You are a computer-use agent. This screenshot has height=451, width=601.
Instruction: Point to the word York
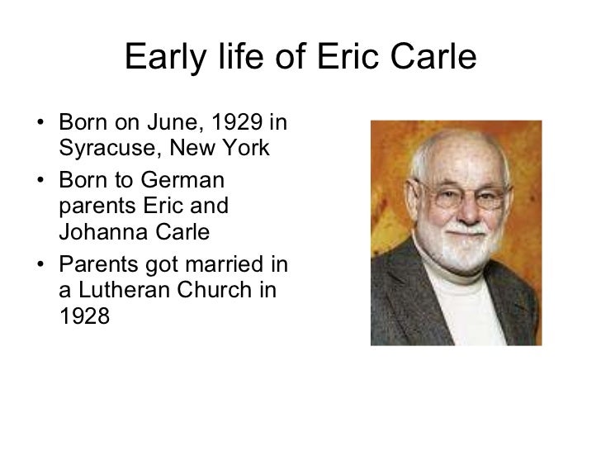click(x=247, y=150)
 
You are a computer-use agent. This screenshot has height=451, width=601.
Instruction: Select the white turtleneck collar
click(x=462, y=285)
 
